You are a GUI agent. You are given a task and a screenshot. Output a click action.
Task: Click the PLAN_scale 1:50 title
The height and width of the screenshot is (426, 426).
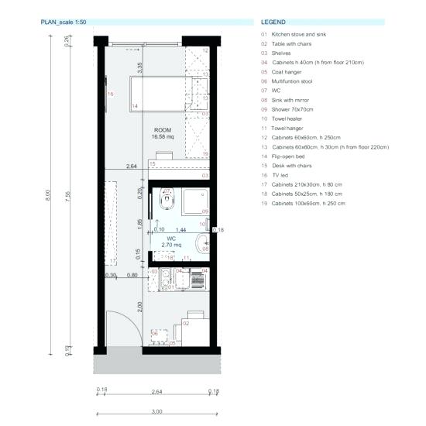(x=69, y=22)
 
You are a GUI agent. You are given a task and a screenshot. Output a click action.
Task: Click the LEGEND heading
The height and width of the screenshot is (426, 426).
(x=273, y=22)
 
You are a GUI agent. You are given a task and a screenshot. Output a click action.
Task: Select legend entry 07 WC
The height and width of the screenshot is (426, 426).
(x=269, y=90)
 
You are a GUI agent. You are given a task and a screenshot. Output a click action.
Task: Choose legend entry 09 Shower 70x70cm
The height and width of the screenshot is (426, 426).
(x=288, y=108)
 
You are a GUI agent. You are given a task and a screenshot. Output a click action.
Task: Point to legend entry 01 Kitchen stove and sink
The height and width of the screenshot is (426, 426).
(x=298, y=34)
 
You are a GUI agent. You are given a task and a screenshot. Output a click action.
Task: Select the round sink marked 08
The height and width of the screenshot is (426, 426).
(x=204, y=245)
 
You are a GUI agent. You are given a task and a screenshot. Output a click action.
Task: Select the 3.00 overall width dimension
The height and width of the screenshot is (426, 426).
(x=156, y=411)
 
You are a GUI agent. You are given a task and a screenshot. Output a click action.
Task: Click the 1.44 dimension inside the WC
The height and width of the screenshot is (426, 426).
(x=181, y=230)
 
